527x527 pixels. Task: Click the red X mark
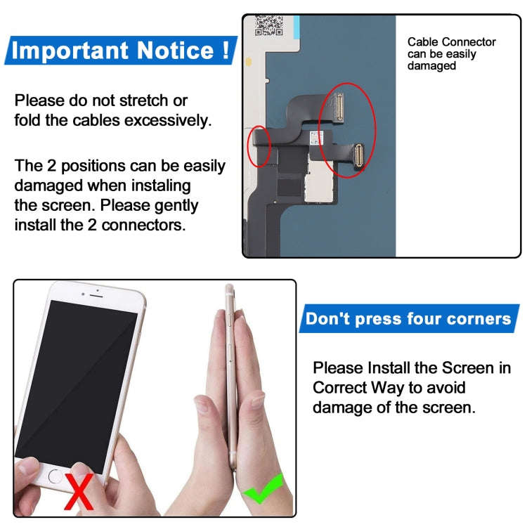[x=79, y=491]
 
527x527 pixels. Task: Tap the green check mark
[x=263, y=489]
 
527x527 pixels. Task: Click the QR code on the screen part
[x=268, y=25]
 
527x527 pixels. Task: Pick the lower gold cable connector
[x=358, y=155]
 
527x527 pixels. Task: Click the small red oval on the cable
[x=259, y=147]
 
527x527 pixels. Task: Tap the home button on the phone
[x=55, y=476]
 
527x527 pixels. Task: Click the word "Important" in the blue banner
[x=70, y=51]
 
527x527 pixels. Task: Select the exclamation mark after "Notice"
[x=226, y=50]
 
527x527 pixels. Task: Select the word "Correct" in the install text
[x=339, y=387]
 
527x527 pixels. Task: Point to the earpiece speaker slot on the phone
[x=96, y=295]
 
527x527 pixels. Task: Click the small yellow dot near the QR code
[x=249, y=62]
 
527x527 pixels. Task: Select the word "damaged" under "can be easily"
[x=431, y=65]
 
